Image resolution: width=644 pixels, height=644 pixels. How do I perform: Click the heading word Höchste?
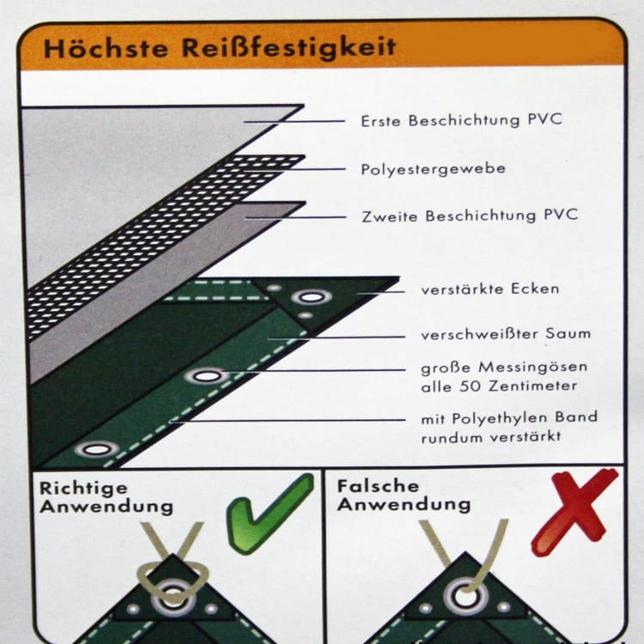point(106,48)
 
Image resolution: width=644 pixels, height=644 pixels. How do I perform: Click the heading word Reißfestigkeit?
point(289,47)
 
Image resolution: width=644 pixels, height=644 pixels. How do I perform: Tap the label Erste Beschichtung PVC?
point(461,120)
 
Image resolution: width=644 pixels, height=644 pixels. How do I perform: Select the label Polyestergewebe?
point(433,169)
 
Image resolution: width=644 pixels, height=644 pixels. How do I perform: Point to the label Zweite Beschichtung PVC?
point(470,216)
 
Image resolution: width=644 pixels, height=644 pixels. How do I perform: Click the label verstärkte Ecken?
point(490,289)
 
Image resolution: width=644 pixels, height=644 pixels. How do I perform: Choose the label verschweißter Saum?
point(506,334)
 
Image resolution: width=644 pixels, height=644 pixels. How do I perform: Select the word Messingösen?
point(532,368)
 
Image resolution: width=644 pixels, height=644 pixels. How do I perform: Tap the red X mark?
point(574,512)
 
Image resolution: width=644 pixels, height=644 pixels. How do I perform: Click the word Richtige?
point(83,489)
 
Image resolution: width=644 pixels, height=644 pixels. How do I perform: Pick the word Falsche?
point(378,487)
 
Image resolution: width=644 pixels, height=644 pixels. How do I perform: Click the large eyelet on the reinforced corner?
point(312,297)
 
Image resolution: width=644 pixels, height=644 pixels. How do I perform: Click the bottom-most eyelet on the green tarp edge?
point(96,449)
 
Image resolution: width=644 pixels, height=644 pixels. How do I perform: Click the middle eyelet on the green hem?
point(206,376)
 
